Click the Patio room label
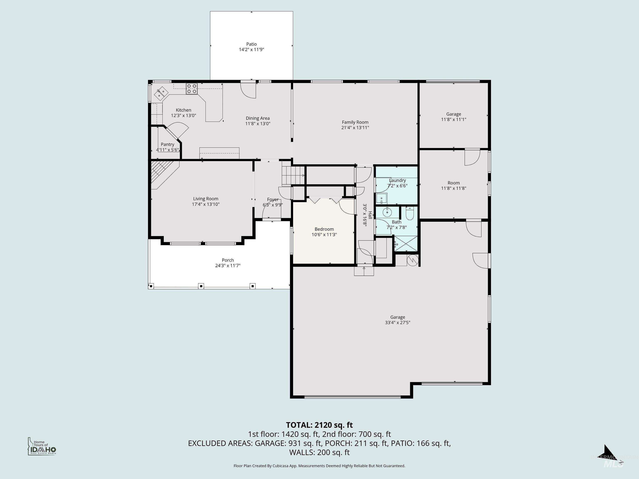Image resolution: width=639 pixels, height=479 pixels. (x=251, y=44)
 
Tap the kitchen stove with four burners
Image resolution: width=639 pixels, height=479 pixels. (x=192, y=89)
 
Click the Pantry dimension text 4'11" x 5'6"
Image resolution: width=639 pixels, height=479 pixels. (x=167, y=150)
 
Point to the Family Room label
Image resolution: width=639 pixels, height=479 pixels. (x=355, y=122)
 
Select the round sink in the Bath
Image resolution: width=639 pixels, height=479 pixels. (x=387, y=212)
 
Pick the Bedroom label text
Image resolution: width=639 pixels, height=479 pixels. (x=324, y=229)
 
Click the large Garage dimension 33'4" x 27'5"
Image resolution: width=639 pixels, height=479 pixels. (x=398, y=322)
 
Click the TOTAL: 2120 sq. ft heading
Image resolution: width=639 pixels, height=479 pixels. (x=319, y=425)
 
